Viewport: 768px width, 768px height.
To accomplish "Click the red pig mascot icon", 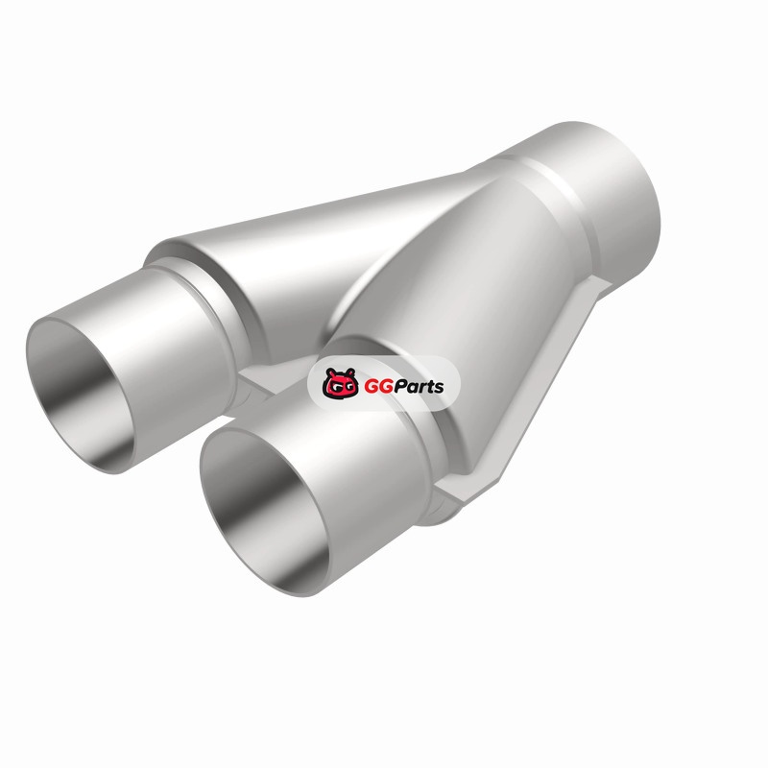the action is tap(340, 383).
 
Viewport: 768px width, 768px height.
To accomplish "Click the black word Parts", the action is tap(418, 387).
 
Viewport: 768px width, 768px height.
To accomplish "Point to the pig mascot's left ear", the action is tap(329, 372).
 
